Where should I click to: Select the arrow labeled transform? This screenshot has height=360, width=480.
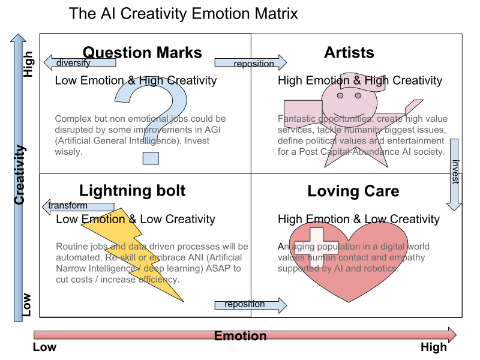pos(78,206)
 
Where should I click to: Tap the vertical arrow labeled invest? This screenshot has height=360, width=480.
pos(454,174)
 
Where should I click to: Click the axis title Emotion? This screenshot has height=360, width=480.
pos(240,336)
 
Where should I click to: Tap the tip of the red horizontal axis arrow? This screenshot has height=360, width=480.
pos(454,335)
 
